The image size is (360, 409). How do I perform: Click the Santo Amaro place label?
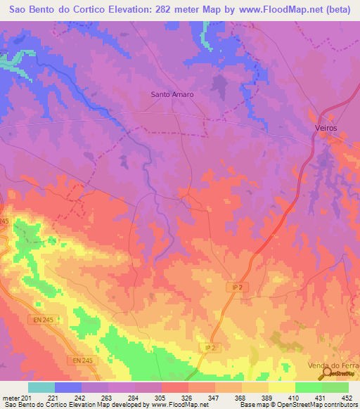coord(172,93)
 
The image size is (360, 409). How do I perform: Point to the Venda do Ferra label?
coord(333,367)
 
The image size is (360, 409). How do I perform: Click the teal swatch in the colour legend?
coord(41,387)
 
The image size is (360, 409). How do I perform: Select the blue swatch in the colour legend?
coord(68,387)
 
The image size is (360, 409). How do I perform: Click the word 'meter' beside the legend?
coord(11,397)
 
